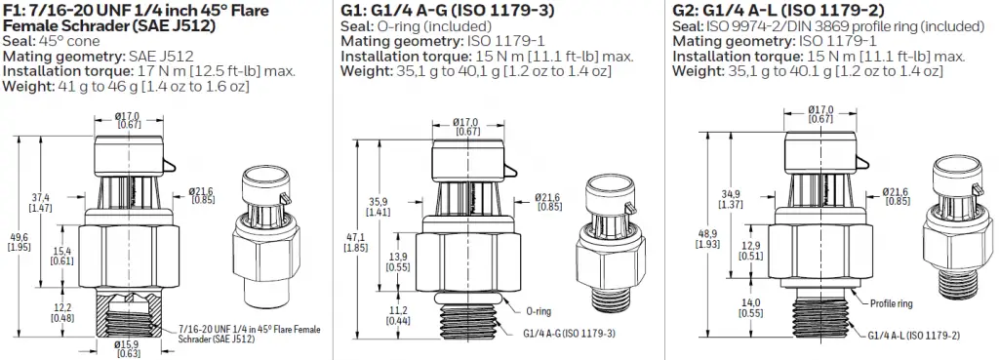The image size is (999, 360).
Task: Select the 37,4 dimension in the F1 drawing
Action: point(45,203)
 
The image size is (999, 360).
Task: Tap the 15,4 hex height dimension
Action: point(61,257)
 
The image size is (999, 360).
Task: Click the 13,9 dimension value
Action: point(398,262)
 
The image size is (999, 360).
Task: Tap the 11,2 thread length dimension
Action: point(398,315)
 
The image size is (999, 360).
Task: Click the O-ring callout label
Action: point(539,311)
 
